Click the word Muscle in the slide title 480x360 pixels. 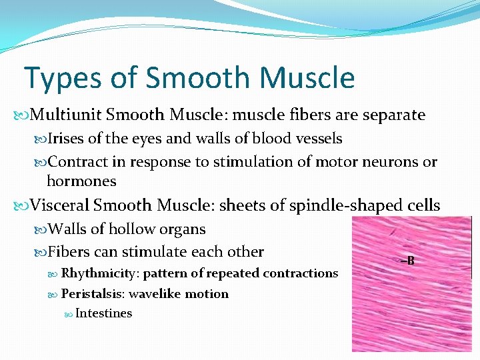click(307, 78)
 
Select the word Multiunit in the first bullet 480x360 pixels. click(65, 115)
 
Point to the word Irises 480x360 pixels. click(65, 139)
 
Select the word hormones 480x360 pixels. click(81, 181)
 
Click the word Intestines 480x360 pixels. click(104, 313)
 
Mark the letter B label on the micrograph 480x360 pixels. click(410, 261)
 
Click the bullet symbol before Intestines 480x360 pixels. click(69, 314)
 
